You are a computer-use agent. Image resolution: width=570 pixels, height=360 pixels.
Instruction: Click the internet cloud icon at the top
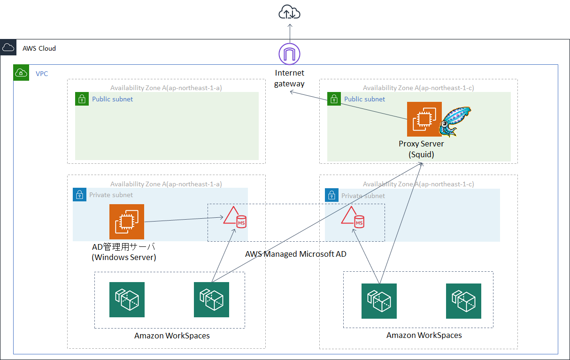[x=289, y=13]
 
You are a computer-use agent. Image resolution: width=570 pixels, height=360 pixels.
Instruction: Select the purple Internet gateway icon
[x=289, y=54]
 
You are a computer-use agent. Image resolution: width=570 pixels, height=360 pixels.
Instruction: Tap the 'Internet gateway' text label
[x=289, y=78]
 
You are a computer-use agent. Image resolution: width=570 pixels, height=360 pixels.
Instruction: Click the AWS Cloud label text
[x=39, y=48]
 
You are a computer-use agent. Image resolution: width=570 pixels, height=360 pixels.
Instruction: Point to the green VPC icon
[x=21, y=73]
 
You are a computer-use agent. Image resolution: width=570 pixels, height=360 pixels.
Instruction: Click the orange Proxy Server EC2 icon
[x=424, y=119]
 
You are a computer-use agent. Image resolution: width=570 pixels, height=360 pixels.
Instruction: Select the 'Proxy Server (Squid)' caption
[x=421, y=149]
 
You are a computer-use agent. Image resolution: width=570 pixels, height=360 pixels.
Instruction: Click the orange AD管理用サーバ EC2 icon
[x=127, y=222]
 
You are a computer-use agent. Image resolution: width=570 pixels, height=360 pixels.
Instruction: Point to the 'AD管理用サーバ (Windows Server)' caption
[x=123, y=252]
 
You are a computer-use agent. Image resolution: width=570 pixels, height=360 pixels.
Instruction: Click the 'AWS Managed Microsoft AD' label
[x=296, y=254]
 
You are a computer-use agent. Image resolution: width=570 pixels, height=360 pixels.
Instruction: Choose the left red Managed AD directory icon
[x=234, y=218]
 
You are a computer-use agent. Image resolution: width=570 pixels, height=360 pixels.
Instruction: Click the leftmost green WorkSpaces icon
[x=127, y=299]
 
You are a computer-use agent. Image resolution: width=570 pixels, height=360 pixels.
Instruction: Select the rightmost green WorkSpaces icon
[x=463, y=301]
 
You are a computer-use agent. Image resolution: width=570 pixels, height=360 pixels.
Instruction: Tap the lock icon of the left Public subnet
[x=82, y=99]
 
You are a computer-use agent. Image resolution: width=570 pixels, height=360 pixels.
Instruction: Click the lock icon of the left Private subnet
[x=80, y=195]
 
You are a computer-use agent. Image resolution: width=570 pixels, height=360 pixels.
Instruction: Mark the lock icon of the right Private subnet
[x=332, y=195]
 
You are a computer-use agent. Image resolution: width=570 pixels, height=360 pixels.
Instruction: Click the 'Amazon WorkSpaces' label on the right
[x=424, y=335]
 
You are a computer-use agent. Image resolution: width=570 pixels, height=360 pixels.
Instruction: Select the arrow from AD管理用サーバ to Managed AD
[x=183, y=219]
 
